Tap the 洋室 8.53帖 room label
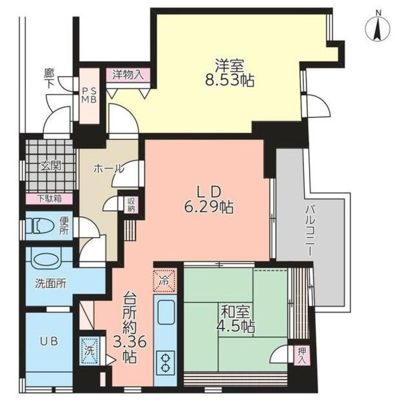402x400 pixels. pos(229,72)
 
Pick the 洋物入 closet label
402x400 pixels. pos(128,73)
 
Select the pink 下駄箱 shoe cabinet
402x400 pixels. pos(49,199)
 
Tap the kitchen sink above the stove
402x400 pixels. pos(166,314)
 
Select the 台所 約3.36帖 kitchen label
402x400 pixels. pos(129,327)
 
